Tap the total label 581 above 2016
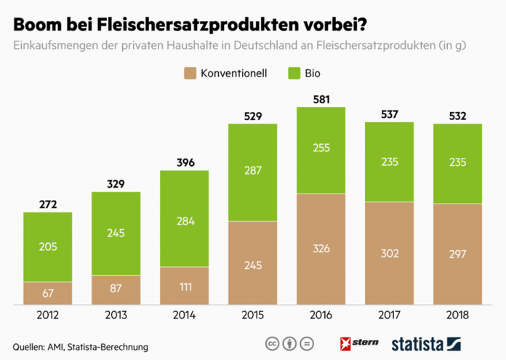pos(321,100)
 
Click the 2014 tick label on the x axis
pos(184,315)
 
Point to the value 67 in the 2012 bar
pos(48,292)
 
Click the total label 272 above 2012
pos(48,204)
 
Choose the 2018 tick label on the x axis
pos(457,315)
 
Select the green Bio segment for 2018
pos(457,164)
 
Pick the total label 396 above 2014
pos(184,162)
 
